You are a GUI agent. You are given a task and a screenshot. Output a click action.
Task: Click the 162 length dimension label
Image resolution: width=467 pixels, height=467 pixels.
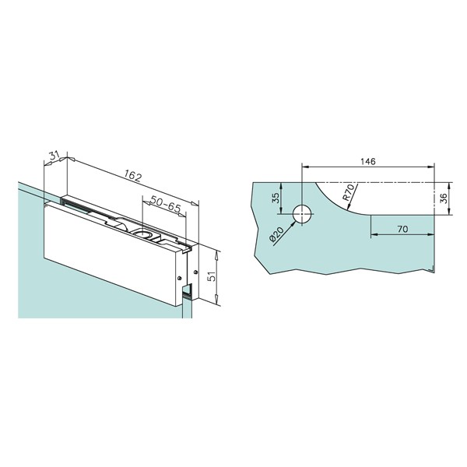pos(132,177)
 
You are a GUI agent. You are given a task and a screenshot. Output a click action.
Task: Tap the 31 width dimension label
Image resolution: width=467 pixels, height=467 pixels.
pos(54,156)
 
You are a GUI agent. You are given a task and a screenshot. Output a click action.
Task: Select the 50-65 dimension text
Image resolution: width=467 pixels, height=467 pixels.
pos(166,204)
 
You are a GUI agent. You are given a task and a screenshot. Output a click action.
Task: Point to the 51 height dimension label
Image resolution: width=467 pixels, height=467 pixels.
pos(212,276)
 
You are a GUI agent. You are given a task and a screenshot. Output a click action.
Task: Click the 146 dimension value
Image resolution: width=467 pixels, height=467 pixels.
pos(368,161)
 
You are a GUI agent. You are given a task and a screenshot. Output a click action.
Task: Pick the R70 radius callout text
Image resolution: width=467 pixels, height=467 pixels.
pos(349,192)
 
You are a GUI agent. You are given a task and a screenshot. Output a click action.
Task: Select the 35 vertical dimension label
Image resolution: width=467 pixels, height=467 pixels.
pos(276,198)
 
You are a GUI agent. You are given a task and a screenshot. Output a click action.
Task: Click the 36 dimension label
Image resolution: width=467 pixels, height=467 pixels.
pos(444,198)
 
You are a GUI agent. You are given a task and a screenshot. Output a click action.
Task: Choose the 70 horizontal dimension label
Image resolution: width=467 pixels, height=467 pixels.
pos(402,229)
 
